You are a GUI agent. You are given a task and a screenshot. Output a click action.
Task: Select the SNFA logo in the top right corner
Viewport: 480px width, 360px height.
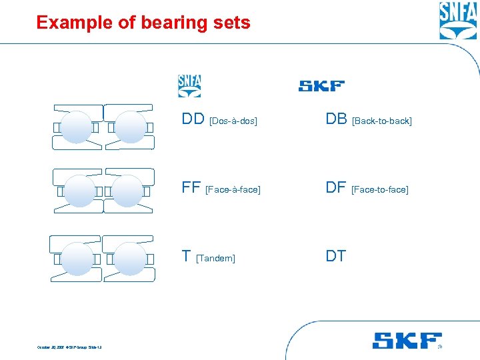click(x=458, y=21)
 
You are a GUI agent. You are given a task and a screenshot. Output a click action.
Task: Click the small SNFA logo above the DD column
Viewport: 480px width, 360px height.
click(x=189, y=85)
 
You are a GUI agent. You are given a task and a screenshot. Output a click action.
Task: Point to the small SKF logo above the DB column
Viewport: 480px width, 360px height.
click(x=321, y=86)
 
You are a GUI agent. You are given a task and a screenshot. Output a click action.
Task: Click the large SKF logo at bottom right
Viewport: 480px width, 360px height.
click(x=407, y=341)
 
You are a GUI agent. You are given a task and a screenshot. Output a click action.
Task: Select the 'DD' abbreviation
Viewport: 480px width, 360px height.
click(x=193, y=119)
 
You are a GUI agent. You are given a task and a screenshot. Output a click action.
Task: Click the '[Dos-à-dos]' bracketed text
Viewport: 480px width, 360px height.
click(x=233, y=121)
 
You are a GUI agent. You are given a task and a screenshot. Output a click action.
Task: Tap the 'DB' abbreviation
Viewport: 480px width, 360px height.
click(x=336, y=119)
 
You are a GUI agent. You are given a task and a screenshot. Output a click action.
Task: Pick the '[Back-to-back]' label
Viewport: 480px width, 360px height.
click(x=382, y=121)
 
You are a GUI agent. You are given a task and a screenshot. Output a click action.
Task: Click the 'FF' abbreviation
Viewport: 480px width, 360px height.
click(x=191, y=187)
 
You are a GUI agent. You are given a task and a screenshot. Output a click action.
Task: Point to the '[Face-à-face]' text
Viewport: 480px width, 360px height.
click(x=233, y=190)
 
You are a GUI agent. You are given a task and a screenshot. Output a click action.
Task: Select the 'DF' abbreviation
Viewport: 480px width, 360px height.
click(x=335, y=187)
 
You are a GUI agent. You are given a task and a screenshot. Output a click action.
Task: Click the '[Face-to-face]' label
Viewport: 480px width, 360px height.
click(x=379, y=190)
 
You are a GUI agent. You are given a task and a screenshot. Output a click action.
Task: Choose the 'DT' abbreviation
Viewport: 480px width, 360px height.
click(x=335, y=256)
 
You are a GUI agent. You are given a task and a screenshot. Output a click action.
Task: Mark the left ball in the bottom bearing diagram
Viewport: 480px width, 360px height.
click(x=77, y=258)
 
